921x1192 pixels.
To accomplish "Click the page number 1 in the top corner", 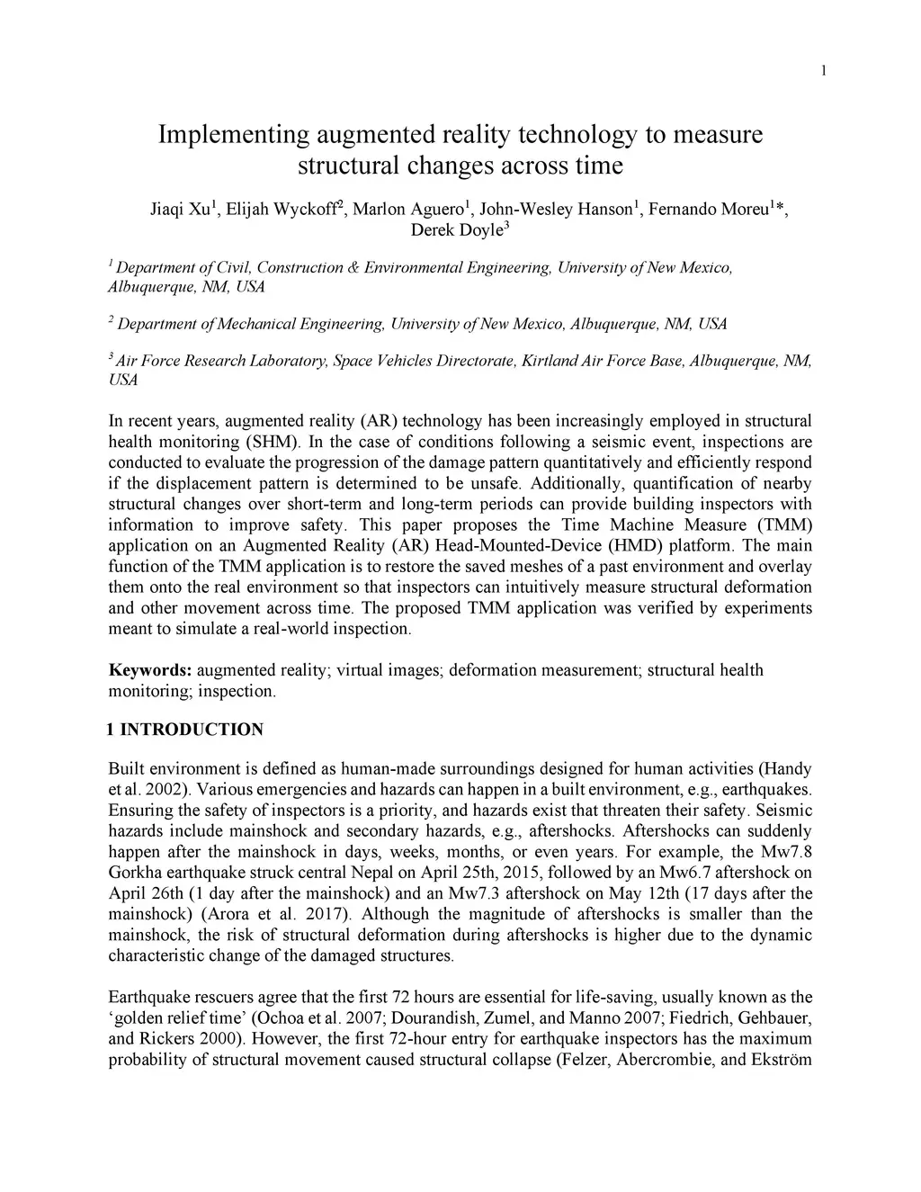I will [x=823, y=71].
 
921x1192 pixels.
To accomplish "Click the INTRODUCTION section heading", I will [x=192, y=730].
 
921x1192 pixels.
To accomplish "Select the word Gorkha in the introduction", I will [x=132, y=873].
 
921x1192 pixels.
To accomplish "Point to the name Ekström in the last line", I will [x=782, y=1059].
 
